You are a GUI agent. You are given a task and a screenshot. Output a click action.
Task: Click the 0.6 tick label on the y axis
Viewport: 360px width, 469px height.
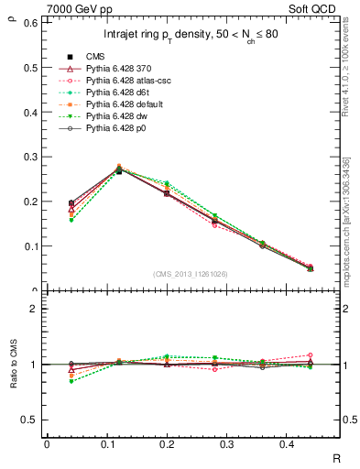coord(29,22)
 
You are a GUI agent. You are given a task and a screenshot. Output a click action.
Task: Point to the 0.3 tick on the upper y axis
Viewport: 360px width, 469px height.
coord(29,157)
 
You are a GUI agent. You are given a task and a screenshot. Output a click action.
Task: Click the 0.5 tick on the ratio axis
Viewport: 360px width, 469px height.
coord(29,420)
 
